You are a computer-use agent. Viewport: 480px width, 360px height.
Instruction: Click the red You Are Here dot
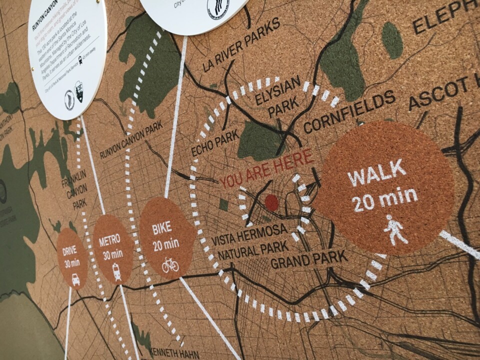pyautogui.click(x=271, y=202)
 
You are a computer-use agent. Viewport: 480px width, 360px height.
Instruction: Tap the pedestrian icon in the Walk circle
pyautogui.click(x=394, y=230)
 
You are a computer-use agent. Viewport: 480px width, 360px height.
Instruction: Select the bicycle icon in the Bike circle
pyautogui.click(x=170, y=265)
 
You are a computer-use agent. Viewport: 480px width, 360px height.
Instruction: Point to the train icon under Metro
pyautogui.click(x=116, y=271)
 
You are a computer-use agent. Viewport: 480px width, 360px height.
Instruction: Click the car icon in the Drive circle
pyautogui.click(x=75, y=279)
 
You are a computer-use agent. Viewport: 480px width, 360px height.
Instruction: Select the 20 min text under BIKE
pyautogui.click(x=165, y=244)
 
